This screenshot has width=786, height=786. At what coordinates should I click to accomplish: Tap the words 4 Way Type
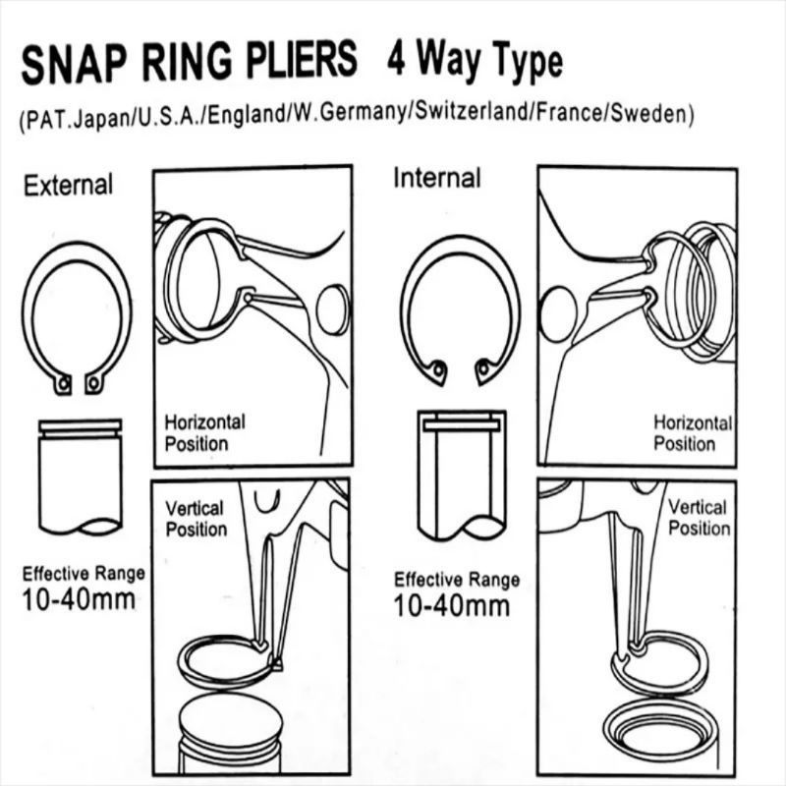point(475,61)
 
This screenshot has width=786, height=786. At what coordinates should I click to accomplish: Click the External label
point(69,184)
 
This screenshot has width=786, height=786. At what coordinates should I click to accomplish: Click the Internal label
point(437,179)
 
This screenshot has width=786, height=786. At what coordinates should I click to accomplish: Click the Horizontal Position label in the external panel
point(204,432)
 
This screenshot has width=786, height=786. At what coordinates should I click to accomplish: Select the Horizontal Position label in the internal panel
point(693,432)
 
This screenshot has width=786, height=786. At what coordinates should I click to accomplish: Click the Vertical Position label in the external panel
point(196,519)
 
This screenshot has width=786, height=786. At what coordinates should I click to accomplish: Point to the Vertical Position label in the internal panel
point(699,518)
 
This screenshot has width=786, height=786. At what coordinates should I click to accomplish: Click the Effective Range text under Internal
point(457,580)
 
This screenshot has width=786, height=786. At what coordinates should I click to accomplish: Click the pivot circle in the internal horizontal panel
point(557,315)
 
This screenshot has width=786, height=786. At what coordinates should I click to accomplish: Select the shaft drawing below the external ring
point(80,477)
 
